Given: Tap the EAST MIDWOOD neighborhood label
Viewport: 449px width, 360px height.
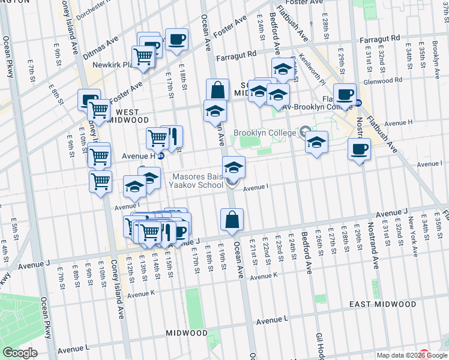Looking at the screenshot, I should pos(383,304).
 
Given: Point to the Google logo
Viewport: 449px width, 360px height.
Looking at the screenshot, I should pos(20,353).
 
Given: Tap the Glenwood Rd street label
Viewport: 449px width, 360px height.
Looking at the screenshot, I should pos(382,80).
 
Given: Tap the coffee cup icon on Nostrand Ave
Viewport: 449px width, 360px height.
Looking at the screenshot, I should pos(359,149).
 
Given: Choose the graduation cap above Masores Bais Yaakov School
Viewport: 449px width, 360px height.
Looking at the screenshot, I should pos(234,167).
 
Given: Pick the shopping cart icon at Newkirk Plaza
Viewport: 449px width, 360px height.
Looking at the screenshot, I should pos(143,57).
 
